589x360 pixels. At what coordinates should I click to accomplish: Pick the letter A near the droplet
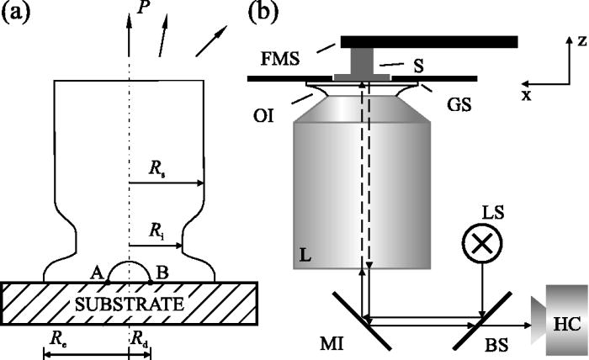click(x=97, y=272)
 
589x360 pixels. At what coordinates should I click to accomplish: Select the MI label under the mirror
click(x=350, y=348)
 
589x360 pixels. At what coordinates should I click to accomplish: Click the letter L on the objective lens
click(x=305, y=253)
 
